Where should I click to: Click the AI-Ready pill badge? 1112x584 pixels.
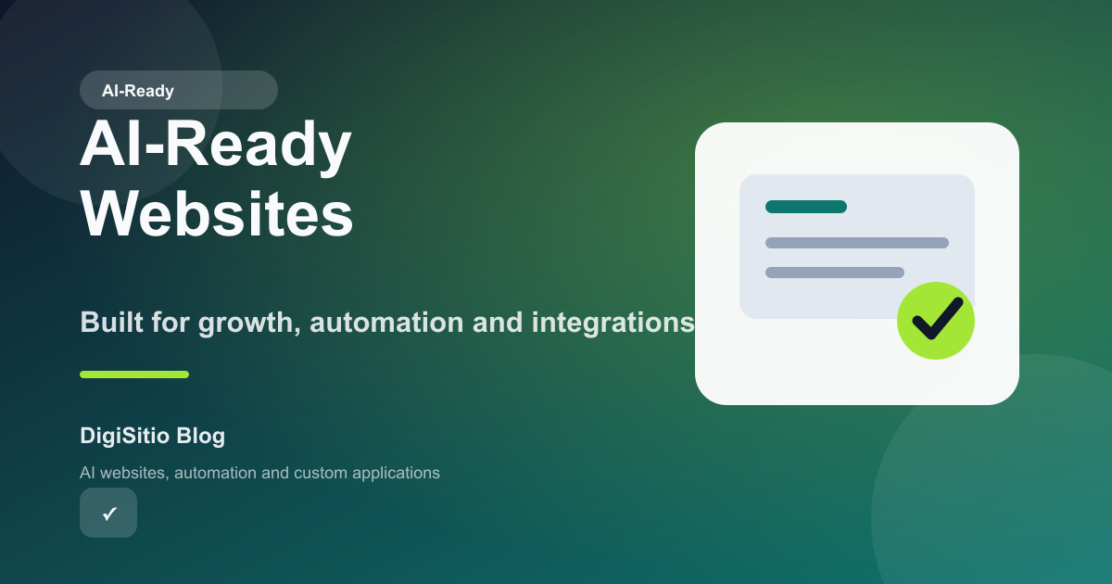(x=178, y=91)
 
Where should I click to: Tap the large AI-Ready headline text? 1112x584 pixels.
(x=215, y=146)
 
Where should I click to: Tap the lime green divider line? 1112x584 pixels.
(x=134, y=375)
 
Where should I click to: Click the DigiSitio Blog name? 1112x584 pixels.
(x=153, y=435)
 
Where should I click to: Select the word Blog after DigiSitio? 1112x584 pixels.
(x=200, y=435)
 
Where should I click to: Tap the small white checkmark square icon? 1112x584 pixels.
(x=108, y=513)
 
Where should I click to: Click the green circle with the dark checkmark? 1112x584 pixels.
(x=935, y=321)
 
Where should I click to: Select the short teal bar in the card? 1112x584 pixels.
(x=805, y=207)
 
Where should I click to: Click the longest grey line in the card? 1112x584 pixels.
(x=856, y=243)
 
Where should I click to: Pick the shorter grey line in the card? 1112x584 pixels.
(x=834, y=273)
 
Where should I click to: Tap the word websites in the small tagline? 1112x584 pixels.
(x=133, y=473)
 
